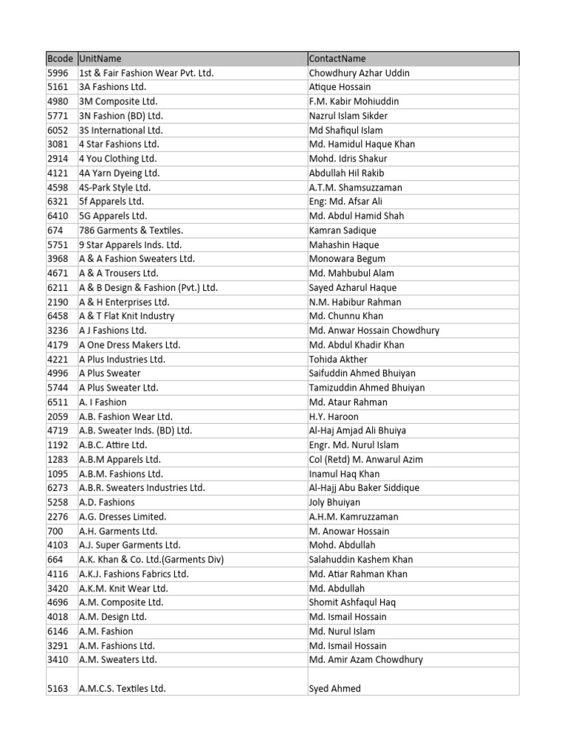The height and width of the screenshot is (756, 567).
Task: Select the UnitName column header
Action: (x=100, y=59)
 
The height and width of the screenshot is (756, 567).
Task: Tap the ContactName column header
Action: (x=337, y=59)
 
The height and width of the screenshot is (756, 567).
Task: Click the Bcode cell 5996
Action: (x=58, y=73)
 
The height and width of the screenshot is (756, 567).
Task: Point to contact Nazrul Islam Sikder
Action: (x=348, y=116)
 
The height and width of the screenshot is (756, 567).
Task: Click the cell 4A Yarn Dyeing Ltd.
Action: (x=119, y=173)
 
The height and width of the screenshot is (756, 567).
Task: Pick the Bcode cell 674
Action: (x=55, y=230)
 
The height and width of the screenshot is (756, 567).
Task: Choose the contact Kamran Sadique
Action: (x=343, y=230)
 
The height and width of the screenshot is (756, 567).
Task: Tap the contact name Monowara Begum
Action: (x=347, y=259)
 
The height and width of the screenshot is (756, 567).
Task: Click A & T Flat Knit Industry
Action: (x=126, y=316)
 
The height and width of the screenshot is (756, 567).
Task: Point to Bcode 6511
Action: (x=58, y=402)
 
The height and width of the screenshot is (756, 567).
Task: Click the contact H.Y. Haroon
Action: (x=334, y=416)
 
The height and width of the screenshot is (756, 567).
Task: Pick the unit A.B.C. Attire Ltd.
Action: (x=113, y=445)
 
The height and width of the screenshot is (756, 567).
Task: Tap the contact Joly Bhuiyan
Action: (x=334, y=502)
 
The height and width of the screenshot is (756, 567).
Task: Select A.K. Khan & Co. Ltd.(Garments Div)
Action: (x=151, y=560)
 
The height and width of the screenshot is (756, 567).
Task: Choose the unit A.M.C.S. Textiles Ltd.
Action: (x=123, y=689)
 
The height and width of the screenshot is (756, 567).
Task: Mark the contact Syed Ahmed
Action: (x=335, y=689)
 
